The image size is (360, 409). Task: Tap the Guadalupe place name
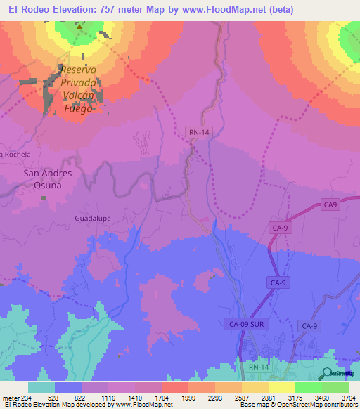coord(91,219)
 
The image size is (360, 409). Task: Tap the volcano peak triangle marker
coord(79,28)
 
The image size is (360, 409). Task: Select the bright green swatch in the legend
coord(335,387)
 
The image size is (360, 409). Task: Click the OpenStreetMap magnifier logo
coord(328,373)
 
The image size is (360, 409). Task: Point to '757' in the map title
coord(101,9)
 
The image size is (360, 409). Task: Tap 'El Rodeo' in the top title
coord(27,9)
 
